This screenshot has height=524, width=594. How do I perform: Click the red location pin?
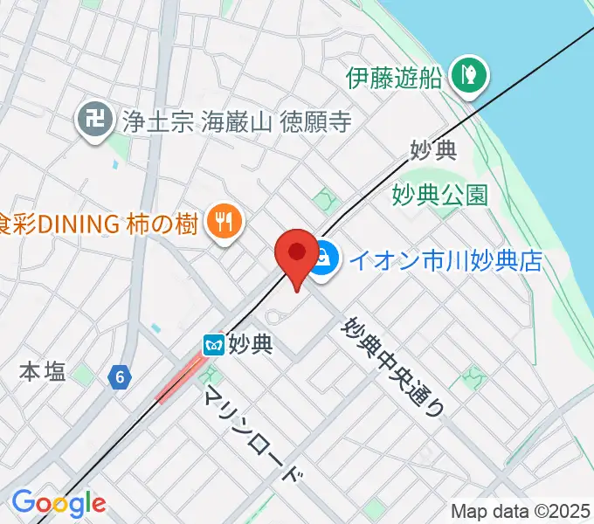tap(296, 254)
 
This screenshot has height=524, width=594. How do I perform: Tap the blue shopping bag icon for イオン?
tap(324, 259)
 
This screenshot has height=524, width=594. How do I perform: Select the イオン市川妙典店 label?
tap(445, 260)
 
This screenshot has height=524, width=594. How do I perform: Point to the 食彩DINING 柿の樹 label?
tap(97, 224)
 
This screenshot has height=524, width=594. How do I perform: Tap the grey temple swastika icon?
tap(92, 121)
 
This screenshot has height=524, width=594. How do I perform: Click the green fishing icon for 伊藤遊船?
tap(467, 76)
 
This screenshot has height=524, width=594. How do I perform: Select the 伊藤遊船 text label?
tap(394, 78)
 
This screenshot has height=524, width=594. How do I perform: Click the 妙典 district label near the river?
tap(434, 149)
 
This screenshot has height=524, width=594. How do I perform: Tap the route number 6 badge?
tap(120, 377)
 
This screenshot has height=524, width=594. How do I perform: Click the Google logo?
tap(59, 504)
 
